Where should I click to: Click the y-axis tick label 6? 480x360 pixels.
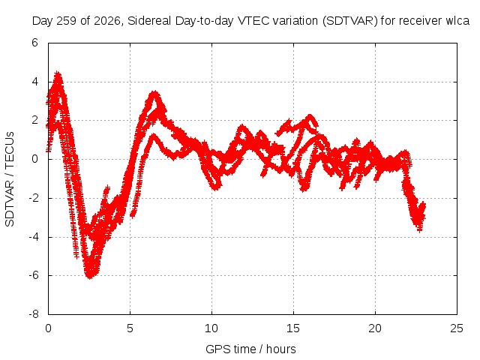point(34,43)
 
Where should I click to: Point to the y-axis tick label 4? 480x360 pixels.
point(34,82)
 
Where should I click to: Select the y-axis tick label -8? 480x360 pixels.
point(33,314)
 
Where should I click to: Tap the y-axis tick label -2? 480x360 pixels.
point(33,198)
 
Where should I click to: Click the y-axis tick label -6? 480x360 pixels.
point(33,275)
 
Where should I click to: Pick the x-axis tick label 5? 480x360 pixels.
point(130,328)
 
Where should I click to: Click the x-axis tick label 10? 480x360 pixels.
point(211,328)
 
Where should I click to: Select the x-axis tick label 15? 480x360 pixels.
point(293,328)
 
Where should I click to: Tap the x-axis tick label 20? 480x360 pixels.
point(375,328)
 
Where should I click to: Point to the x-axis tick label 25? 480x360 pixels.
point(457,328)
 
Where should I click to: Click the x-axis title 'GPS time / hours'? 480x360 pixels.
point(250,349)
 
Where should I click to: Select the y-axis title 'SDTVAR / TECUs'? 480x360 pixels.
point(10,179)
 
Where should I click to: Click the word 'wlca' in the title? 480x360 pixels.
point(457,21)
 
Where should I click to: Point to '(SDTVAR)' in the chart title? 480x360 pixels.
point(350,21)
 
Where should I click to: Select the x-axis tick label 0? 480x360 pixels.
point(48,328)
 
